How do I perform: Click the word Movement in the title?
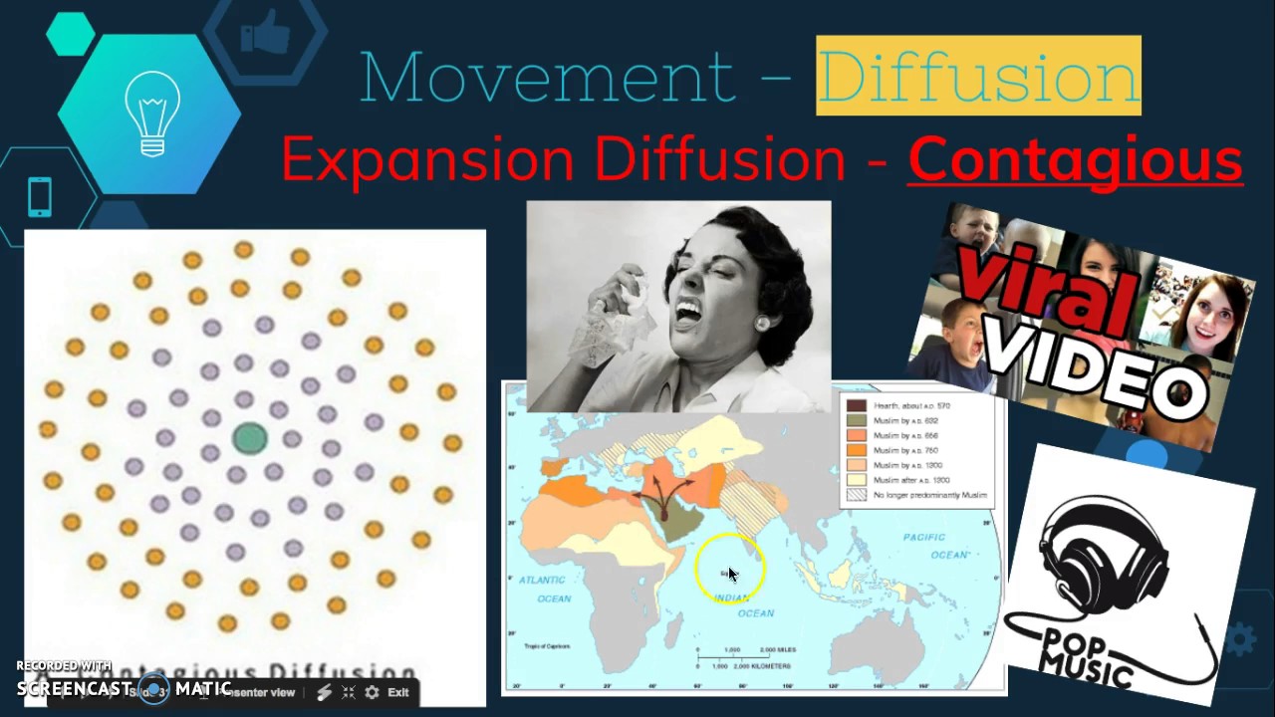(x=546, y=77)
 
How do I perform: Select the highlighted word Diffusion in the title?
(x=978, y=77)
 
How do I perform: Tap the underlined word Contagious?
(x=1075, y=160)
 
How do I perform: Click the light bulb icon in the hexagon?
(x=152, y=116)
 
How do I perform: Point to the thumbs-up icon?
(x=264, y=34)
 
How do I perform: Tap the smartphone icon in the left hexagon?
(x=40, y=196)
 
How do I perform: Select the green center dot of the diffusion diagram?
(x=249, y=438)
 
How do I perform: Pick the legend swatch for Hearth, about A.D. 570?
(x=856, y=405)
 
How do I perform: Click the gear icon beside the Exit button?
(x=372, y=692)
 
